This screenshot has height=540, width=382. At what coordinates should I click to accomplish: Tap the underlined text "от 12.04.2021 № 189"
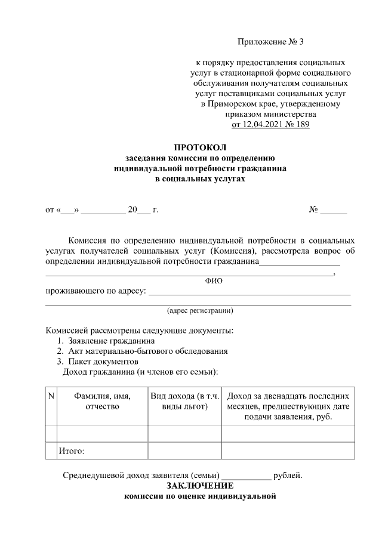coord(270,125)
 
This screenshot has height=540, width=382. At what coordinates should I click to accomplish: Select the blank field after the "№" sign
coord(334,209)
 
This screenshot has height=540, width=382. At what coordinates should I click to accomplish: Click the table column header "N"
coord(51,396)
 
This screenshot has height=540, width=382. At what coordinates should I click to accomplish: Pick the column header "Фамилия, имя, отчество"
coord(102,401)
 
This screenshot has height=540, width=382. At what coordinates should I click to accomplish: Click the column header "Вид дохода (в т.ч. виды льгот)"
coord(185,401)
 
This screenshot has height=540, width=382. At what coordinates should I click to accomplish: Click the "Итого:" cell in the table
coord(72,450)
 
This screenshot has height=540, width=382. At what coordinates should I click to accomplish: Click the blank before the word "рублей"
coord(246,476)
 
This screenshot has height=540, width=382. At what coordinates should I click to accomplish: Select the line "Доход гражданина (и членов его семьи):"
coord(140,371)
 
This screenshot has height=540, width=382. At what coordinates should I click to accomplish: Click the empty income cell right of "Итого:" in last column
coord(288,450)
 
